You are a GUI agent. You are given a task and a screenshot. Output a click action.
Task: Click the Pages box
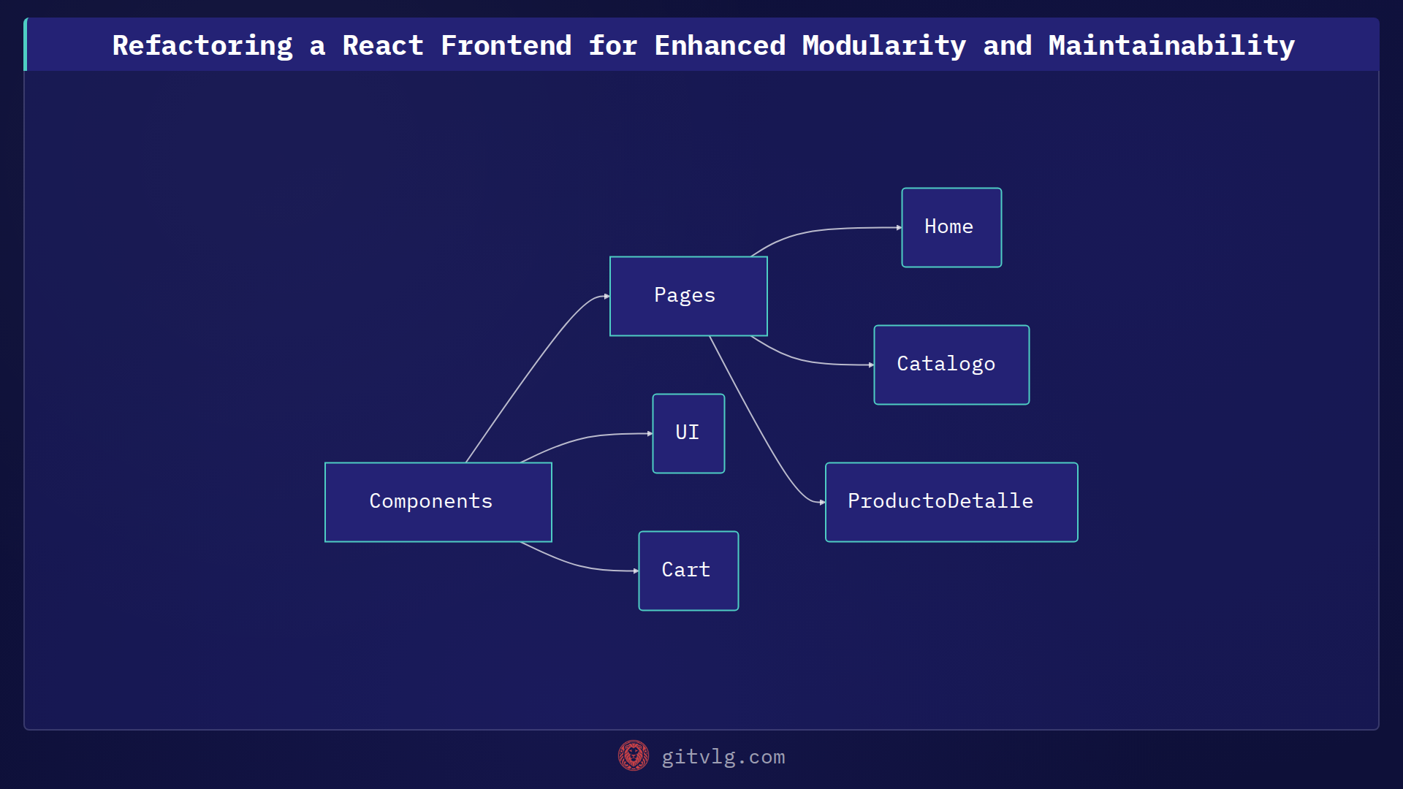[688, 296]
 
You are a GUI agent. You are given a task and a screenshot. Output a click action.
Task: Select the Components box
[438, 502]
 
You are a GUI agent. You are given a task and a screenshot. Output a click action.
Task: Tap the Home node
[951, 227]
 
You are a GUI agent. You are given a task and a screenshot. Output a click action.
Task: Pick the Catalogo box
[951, 365]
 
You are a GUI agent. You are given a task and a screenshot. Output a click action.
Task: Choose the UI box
[688, 433]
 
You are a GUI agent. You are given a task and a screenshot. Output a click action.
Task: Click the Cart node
[688, 571]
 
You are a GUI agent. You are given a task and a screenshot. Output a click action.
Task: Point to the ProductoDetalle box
[951, 502]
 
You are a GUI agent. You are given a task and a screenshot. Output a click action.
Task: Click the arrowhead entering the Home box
[898, 228]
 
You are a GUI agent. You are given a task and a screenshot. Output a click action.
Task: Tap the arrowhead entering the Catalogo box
[870, 365]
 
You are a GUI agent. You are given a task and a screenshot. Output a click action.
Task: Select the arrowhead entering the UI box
[649, 433]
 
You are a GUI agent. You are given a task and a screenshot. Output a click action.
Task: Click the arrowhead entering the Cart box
[635, 571]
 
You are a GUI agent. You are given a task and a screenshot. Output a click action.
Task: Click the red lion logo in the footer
[633, 755]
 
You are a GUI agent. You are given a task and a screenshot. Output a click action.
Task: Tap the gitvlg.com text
[723, 757]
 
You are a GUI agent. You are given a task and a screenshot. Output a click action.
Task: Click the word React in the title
[383, 45]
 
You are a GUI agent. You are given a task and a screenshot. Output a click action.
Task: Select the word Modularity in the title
[883, 45]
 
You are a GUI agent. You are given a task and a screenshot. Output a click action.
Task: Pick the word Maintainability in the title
[1171, 45]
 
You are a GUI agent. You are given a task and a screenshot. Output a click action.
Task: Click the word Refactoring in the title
[202, 45]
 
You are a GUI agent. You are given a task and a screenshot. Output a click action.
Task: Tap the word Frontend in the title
[506, 45]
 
